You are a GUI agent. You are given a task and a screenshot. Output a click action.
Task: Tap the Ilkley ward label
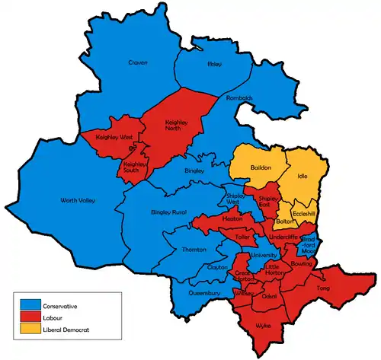[x=214, y=65]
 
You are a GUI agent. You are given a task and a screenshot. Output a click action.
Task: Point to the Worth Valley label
[x=78, y=201]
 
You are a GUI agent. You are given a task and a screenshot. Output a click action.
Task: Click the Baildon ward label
[x=261, y=167]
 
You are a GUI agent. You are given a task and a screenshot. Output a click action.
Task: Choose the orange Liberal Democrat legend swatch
[x=30, y=330]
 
